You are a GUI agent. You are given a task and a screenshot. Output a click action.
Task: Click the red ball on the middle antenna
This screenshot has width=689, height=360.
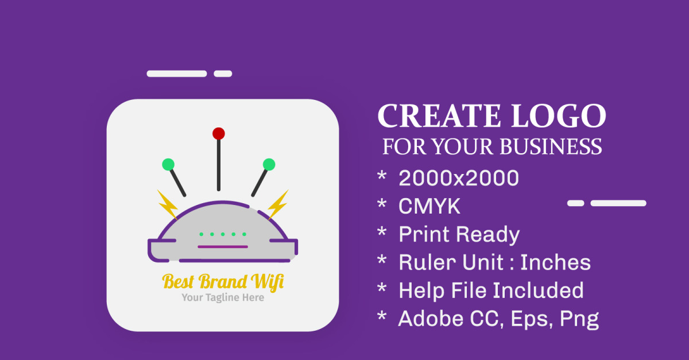[x=218, y=134]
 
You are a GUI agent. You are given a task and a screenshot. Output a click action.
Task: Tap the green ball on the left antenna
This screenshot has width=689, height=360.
[x=168, y=165]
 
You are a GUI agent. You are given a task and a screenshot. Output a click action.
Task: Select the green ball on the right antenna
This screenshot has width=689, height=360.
[x=269, y=164]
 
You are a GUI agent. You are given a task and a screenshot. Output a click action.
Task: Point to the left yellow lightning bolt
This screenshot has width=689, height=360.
[x=167, y=204]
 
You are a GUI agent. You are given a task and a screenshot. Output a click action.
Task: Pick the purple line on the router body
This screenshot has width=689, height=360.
[x=223, y=247]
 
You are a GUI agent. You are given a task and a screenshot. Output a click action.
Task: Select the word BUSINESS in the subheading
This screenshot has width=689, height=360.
[x=551, y=146]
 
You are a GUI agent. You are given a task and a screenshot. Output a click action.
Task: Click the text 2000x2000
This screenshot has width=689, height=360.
[x=459, y=179]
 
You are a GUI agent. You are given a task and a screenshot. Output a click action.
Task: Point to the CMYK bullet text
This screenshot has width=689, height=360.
[x=429, y=207]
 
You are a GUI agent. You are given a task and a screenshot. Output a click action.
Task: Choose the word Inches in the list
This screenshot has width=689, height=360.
[x=555, y=262]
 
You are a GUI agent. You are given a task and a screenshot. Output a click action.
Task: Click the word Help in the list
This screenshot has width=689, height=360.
[x=422, y=291]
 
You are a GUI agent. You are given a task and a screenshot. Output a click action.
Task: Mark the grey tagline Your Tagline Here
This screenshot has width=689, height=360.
[x=223, y=297]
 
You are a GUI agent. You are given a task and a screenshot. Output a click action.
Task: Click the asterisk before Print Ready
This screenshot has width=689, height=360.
[x=382, y=234]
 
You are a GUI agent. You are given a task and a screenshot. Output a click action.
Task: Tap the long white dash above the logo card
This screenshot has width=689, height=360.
[x=177, y=73]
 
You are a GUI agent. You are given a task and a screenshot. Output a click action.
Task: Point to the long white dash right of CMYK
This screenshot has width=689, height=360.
[x=618, y=203]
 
